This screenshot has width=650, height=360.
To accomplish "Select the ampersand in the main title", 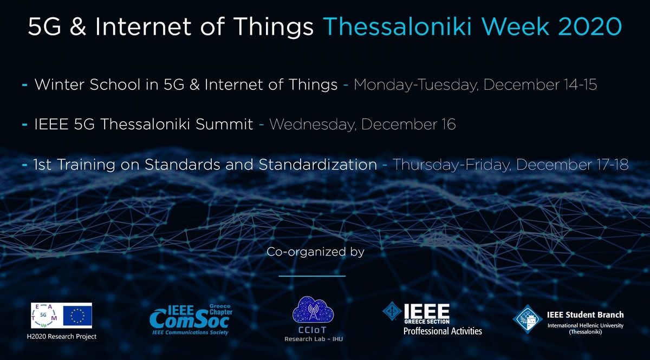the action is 78,27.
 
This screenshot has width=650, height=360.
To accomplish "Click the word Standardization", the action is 318,165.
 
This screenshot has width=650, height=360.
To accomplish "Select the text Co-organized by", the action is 315,252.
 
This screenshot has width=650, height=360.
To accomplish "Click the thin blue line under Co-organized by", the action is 312,276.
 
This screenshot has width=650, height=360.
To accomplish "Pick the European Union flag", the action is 77,316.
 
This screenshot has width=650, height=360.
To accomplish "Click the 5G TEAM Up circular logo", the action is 44,316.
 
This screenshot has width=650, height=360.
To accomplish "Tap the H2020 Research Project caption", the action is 62,337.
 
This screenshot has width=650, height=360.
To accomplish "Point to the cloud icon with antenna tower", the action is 313,310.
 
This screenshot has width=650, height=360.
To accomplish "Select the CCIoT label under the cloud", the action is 313,330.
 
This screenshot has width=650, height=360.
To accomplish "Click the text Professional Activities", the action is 443,331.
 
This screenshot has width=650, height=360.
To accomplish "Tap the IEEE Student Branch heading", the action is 586,315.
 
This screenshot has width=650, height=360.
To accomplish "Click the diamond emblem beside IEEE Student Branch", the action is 528,319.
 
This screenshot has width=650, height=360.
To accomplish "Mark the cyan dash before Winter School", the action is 25,85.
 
